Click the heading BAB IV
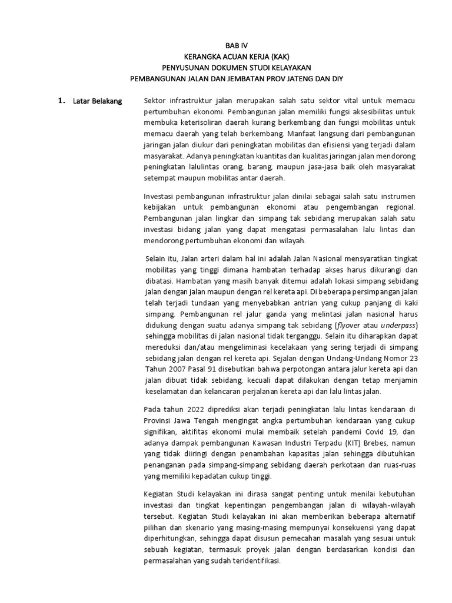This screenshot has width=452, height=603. pos(237,46)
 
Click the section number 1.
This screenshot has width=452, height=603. pos(61,101)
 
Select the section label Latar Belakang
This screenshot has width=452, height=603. pos(97,101)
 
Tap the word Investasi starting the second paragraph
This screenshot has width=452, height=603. pos(161,196)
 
